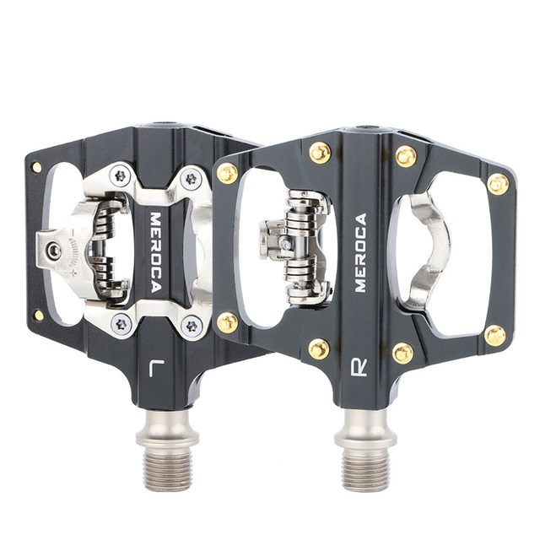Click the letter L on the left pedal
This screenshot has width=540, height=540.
point(155,368)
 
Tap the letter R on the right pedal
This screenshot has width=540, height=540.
point(359,368)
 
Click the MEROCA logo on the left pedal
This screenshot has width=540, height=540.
point(156,252)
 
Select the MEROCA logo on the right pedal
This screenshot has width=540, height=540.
point(360,252)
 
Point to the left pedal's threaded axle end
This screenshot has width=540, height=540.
point(167,471)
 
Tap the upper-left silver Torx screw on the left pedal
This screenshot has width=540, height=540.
point(121,176)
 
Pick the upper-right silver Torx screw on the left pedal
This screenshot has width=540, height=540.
point(191,178)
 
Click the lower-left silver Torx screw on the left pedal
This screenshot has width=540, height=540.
point(121,324)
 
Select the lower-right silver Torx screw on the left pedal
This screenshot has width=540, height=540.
point(192,327)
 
